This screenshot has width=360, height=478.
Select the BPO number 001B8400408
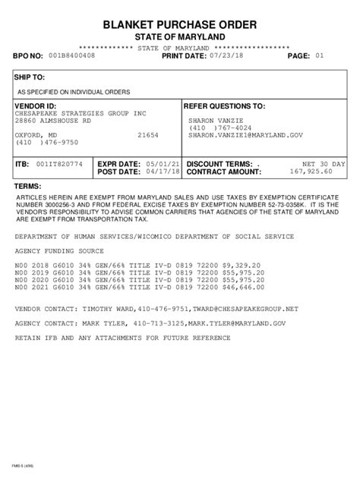71,55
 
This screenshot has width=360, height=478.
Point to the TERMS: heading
27,187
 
